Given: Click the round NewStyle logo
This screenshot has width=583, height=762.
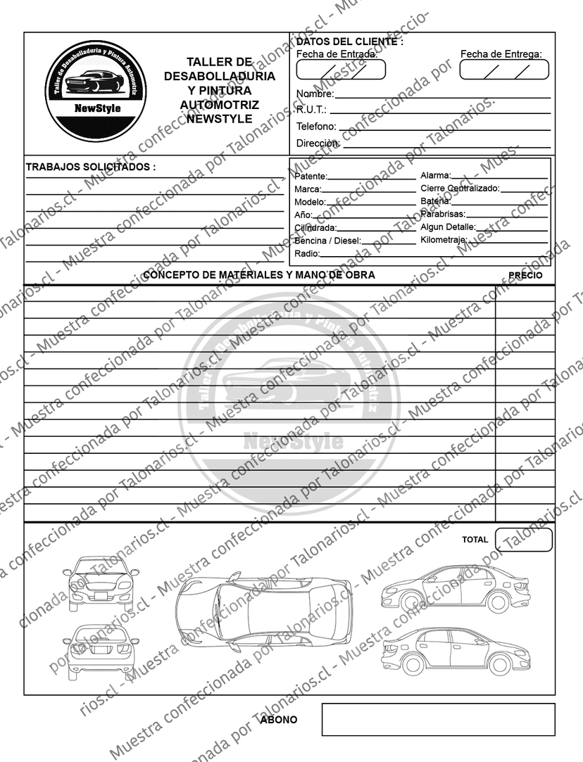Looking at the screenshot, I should [x=96, y=91].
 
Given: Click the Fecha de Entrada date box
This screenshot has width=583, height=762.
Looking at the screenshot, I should [x=341, y=70].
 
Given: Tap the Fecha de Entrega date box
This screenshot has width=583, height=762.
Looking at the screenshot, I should [x=504, y=70].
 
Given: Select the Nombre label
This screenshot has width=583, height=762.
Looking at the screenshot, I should [x=314, y=94].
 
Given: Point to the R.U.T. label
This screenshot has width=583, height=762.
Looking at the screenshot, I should [x=311, y=110].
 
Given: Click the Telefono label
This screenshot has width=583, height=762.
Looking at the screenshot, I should [x=316, y=127].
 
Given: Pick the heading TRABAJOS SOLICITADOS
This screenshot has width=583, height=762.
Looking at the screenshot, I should [x=90, y=167].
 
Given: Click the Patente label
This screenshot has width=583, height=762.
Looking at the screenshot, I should [x=311, y=176].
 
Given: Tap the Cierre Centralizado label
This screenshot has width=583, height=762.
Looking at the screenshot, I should [x=460, y=189].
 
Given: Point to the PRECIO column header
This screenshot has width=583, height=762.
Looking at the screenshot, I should [x=525, y=275].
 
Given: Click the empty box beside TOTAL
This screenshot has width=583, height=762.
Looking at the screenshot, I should [x=524, y=540].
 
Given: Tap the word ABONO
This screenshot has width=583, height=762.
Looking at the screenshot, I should [x=279, y=720].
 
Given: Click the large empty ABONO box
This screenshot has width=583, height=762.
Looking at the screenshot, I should [x=438, y=719].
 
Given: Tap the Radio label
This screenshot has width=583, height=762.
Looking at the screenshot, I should [x=306, y=253].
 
